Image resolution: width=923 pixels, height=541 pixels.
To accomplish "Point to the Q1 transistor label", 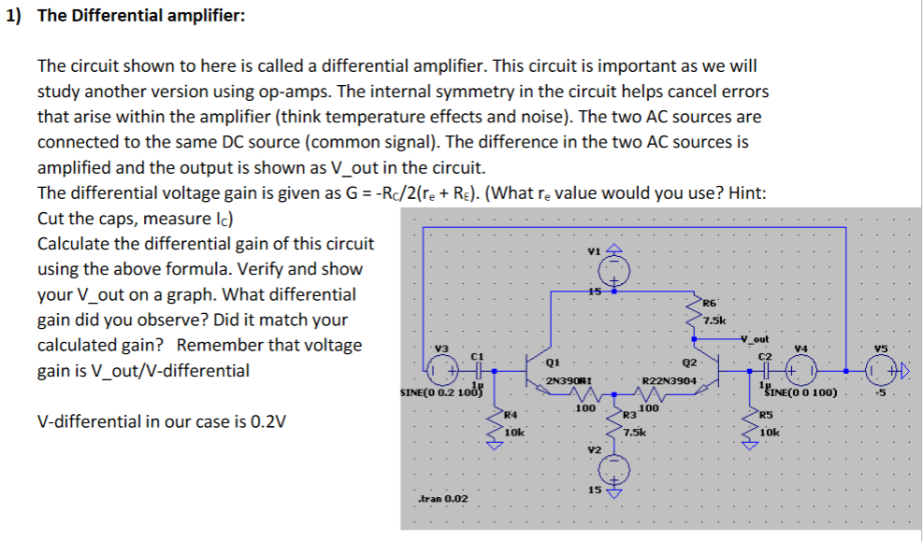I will click(x=553, y=363).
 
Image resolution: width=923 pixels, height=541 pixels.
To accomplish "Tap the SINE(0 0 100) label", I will click(x=804, y=392).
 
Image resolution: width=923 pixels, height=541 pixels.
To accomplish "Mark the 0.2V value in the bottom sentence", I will click(x=268, y=420).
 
